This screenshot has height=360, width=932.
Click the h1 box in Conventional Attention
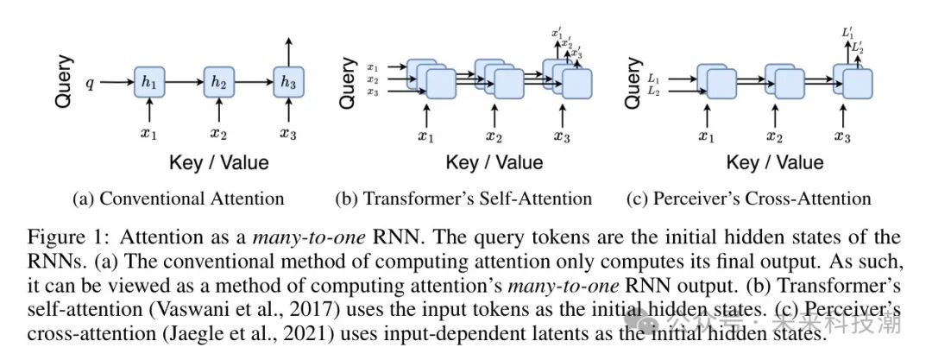coord(149,83)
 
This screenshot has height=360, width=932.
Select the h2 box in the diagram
coord(219,83)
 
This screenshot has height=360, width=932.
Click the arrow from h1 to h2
coord(184,83)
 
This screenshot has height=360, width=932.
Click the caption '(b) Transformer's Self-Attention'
coord(463,199)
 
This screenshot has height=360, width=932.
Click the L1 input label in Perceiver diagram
coord(652,79)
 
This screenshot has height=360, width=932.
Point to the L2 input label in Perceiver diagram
coord(652,92)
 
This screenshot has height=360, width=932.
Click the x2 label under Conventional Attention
coord(219,135)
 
